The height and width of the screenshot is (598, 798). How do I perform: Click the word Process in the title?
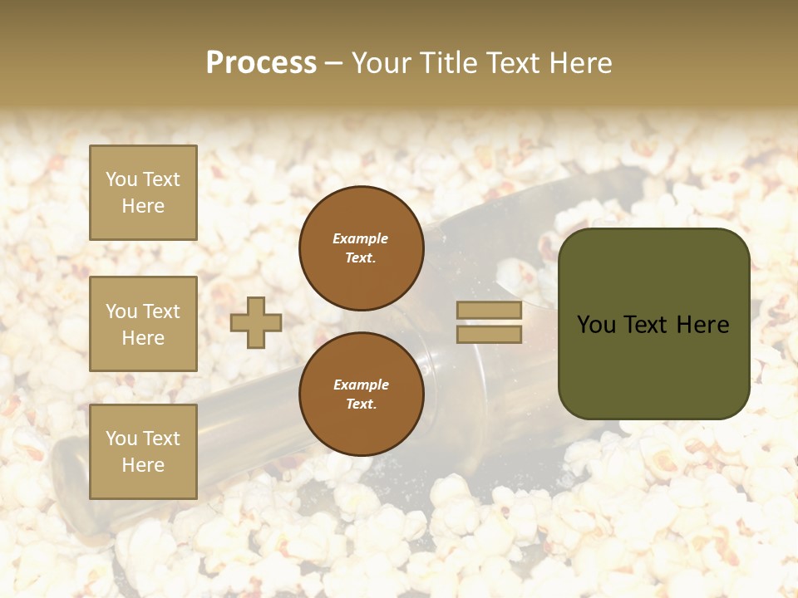tap(261, 62)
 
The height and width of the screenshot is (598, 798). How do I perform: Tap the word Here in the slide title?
tap(580, 62)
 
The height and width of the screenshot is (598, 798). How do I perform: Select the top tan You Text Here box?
tap(143, 193)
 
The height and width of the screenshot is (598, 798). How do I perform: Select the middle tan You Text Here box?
tap(143, 324)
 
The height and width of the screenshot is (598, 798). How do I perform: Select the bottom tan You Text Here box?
tap(143, 452)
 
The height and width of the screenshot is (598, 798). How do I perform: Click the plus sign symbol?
tap(256, 322)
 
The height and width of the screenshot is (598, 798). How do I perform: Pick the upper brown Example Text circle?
tap(361, 248)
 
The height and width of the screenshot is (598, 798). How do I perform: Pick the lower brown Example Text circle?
tap(361, 395)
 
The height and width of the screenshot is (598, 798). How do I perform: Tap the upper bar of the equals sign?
tap(489, 310)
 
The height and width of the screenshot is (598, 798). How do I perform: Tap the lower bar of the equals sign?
tap(489, 334)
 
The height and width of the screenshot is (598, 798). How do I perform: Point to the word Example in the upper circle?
tap(361, 238)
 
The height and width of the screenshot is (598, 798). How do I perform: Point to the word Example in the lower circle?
tap(361, 385)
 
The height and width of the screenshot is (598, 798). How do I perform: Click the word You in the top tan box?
tap(121, 179)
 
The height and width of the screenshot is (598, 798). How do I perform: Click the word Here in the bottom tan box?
tap(143, 465)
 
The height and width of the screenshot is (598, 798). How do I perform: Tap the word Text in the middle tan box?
tap(160, 311)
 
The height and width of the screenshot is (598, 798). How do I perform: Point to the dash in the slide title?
tap(334, 63)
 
